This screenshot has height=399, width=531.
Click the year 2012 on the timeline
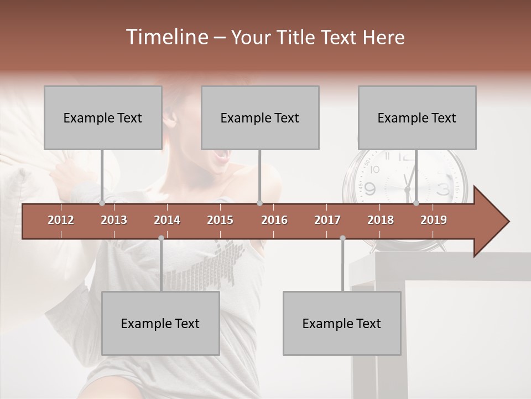point(61,220)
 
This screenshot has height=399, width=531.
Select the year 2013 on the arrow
point(114,220)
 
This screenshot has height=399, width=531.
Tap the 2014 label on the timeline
point(167,220)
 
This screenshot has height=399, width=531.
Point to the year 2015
point(220,220)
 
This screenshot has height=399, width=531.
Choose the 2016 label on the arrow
point(274,220)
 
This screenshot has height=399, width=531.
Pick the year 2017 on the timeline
point(327,220)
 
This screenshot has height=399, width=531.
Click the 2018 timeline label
point(381,220)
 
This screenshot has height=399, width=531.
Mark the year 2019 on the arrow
point(434,220)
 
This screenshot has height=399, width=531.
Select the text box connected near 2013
point(103,117)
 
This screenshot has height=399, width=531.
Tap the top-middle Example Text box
point(260,117)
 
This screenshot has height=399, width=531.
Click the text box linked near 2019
point(417,117)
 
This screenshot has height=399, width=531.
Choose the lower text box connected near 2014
point(160,323)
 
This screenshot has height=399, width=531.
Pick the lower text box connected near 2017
point(342,323)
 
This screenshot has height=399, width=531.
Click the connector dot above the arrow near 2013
point(102,203)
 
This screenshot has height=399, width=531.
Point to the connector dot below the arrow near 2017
point(342,238)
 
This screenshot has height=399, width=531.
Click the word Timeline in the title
point(166,37)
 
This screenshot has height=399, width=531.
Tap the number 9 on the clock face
point(369,188)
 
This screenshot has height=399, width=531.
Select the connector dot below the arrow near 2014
point(161,238)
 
